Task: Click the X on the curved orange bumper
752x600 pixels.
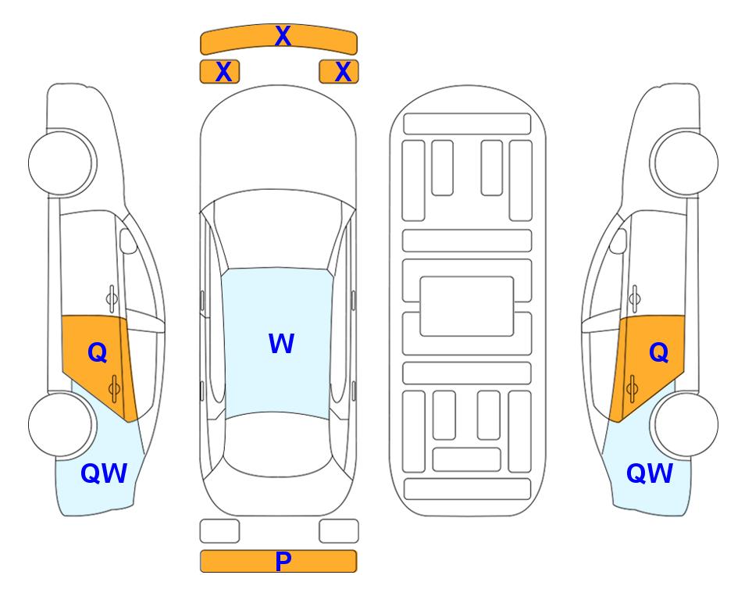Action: point(283,36)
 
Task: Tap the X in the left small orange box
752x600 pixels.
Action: point(224,72)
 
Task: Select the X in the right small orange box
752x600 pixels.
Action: point(343,72)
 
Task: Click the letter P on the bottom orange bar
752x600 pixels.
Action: point(283,561)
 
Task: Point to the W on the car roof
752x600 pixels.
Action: point(281,343)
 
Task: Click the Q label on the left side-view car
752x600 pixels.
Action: point(98,353)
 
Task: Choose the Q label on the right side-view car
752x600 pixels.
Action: point(658,353)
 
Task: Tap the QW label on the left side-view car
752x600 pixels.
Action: point(104,473)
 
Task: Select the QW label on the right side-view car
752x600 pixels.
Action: point(650,473)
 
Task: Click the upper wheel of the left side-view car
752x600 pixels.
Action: point(62,162)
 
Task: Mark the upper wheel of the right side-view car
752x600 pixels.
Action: point(684,162)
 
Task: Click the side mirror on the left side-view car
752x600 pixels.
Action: point(128,241)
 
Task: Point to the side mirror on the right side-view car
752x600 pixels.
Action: point(618,241)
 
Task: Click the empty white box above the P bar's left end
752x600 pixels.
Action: point(219,531)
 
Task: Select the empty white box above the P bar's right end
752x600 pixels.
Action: point(339,531)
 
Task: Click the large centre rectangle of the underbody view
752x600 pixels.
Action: point(467,306)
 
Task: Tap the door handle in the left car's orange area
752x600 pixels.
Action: point(114,388)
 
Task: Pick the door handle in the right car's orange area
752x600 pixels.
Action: point(632,388)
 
